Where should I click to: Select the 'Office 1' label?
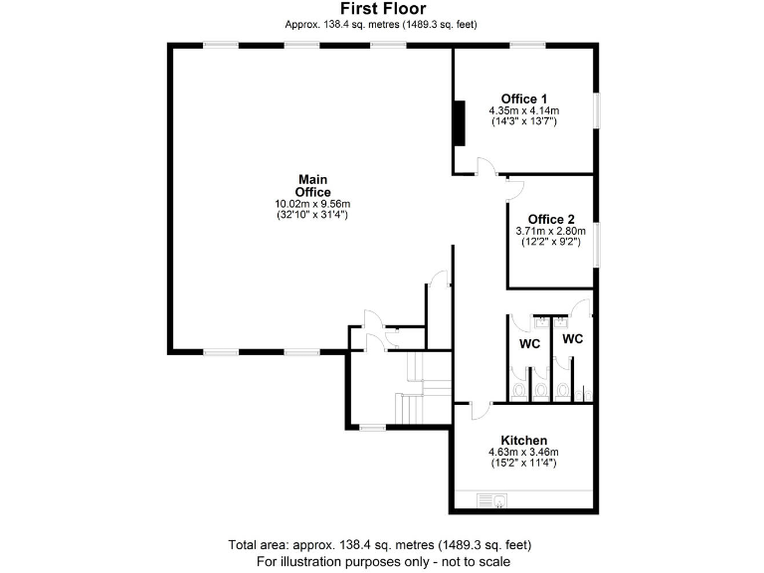(523, 98)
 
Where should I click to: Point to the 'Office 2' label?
(550, 219)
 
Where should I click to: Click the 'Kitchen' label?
(523, 440)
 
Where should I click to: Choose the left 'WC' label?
(529, 344)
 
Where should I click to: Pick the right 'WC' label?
(572, 338)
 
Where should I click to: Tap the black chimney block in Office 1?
(460, 122)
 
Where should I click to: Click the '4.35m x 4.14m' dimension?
(523, 110)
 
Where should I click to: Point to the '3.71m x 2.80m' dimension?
(550, 231)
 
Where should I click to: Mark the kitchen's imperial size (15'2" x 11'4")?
(523, 464)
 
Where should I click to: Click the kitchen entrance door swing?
(478, 404)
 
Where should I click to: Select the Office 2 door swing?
(513, 186)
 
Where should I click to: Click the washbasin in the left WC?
(540, 322)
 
